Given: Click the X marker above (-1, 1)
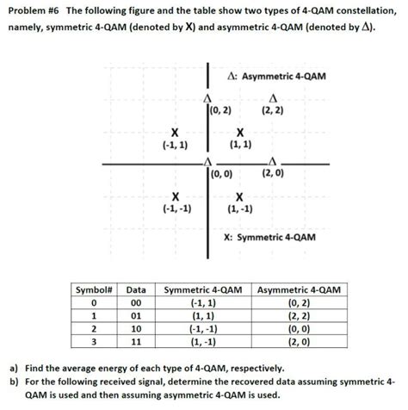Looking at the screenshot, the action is (176, 132).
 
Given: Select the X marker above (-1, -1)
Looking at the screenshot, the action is (176, 195).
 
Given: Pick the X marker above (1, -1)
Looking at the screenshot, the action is (240, 195).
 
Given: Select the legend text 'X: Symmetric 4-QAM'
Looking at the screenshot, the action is (269, 238).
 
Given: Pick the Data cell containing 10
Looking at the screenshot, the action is (135, 328).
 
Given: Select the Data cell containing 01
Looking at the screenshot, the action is (135, 315).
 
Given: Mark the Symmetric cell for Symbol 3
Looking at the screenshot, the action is (202, 341).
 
